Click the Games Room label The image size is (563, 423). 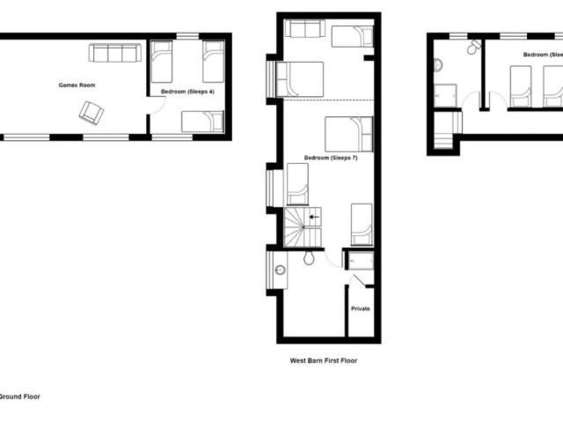(77, 85)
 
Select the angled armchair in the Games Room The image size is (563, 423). (91, 112)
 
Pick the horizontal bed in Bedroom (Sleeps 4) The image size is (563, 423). (203, 121)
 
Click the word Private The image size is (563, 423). (361, 308)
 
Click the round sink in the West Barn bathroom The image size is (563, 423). (280, 270)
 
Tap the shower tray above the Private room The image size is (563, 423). (360, 261)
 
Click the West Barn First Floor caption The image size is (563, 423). (325, 360)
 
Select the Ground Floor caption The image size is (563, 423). (19, 397)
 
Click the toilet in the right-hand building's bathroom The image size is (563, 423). (473, 48)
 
